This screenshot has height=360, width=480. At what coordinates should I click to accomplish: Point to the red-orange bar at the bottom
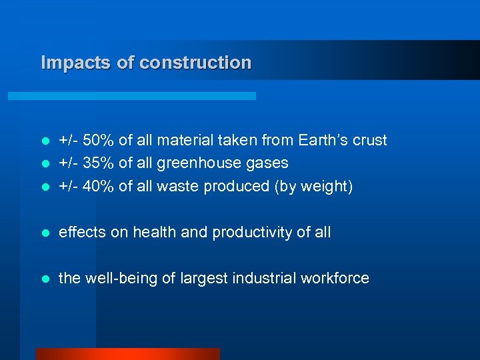[127, 353]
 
